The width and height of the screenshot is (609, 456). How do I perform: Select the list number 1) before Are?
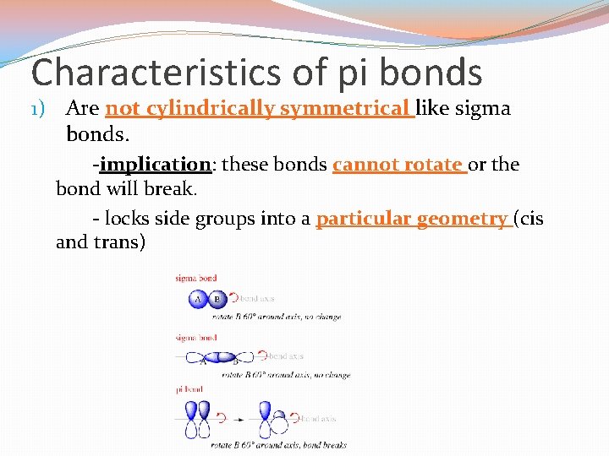pos(41,109)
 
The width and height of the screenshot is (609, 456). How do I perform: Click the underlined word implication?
pos(155,165)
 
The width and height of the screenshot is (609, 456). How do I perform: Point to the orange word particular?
pos(361,220)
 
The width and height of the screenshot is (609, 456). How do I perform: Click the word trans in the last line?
pos(125,243)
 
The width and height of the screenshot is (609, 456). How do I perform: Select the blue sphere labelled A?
pos(198,298)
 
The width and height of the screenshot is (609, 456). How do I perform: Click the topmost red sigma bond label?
pos(196,278)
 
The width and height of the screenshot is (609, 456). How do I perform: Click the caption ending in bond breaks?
pos(279,445)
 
